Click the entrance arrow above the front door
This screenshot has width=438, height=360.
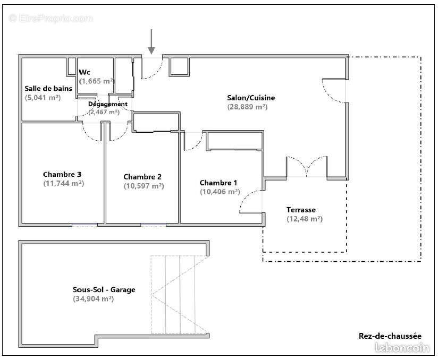[151, 42]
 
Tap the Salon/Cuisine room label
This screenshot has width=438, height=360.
[251, 98]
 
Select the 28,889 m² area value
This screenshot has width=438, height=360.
[247, 107]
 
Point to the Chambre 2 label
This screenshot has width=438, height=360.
[142, 177]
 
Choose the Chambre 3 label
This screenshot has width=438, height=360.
[62, 174]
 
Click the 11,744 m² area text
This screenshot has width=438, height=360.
[63, 183]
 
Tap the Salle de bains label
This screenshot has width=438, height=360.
[48, 89]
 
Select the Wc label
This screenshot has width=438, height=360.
[85, 72]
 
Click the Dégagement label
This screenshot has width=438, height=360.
[107, 104]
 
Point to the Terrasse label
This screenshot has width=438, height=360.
[301, 210]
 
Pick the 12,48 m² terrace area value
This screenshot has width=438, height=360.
[304, 219]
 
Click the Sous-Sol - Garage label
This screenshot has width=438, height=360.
[104, 290]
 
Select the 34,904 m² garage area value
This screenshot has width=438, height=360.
[94, 299]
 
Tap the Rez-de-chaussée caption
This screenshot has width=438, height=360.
[390, 336]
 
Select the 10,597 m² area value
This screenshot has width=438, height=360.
[144, 186]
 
